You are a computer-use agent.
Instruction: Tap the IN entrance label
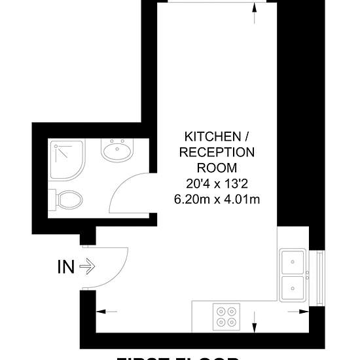click(x=66, y=267)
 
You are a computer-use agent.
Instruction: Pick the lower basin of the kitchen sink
click(x=293, y=287)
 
